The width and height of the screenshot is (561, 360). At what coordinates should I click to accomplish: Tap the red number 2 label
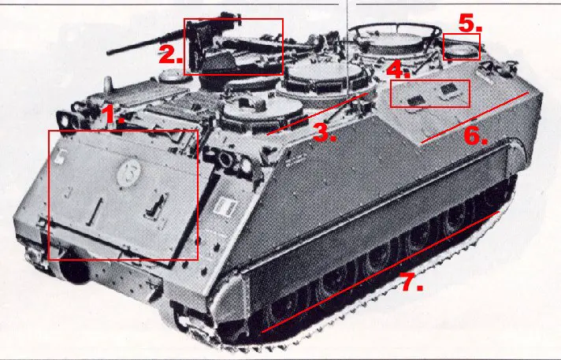tap(169, 55)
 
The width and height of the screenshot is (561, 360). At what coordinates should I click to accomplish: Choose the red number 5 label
tap(470, 23)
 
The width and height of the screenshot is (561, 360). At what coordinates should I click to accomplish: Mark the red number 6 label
tap(475, 135)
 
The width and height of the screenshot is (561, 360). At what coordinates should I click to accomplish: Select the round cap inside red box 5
tap(462, 50)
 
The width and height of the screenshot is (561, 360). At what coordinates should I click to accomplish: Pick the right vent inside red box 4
tap(449, 90)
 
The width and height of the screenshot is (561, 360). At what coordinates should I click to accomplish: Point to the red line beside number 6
tap(474, 117)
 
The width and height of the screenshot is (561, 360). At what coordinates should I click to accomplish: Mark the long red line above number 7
tap(378, 271)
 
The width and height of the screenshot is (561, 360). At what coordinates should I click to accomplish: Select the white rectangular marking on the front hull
tap(223, 208)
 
